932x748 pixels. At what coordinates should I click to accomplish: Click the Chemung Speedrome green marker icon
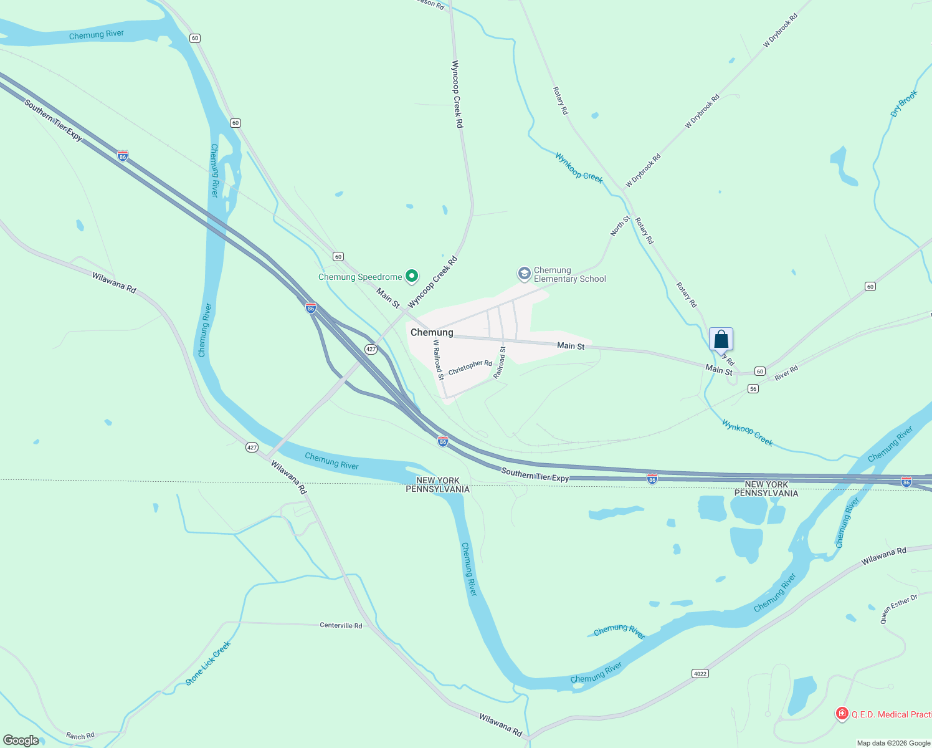tap(411, 276)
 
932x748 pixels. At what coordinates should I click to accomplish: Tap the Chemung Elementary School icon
tap(525, 274)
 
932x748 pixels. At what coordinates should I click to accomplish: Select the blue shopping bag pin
tap(721, 340)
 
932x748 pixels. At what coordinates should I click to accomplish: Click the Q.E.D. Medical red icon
tap(842, 713)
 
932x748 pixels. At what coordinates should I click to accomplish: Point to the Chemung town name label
tap(432, 332)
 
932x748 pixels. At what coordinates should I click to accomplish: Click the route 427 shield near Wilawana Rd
tap(252, 447)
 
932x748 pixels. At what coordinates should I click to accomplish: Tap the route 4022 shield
tap(700, 673)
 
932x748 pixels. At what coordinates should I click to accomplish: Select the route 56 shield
tap(753, 389)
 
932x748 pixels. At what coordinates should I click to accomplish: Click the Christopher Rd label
tap(470, 367)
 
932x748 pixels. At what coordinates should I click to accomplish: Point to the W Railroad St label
tap(439, 360)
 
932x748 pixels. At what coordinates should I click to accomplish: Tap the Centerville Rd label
tap(341, 625)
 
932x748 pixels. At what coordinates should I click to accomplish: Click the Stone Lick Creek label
tap(208, 663)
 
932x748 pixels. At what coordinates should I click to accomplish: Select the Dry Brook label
tap(904, 104)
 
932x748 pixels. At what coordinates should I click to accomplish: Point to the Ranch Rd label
tap(80, 736)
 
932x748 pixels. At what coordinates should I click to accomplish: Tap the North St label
tap(620, 226)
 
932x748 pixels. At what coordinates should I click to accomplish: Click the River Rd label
tap(786, 373)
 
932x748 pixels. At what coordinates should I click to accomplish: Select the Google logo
tap(21, 741)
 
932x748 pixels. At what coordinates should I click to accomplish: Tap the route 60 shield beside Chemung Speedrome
tap(338, 256)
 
